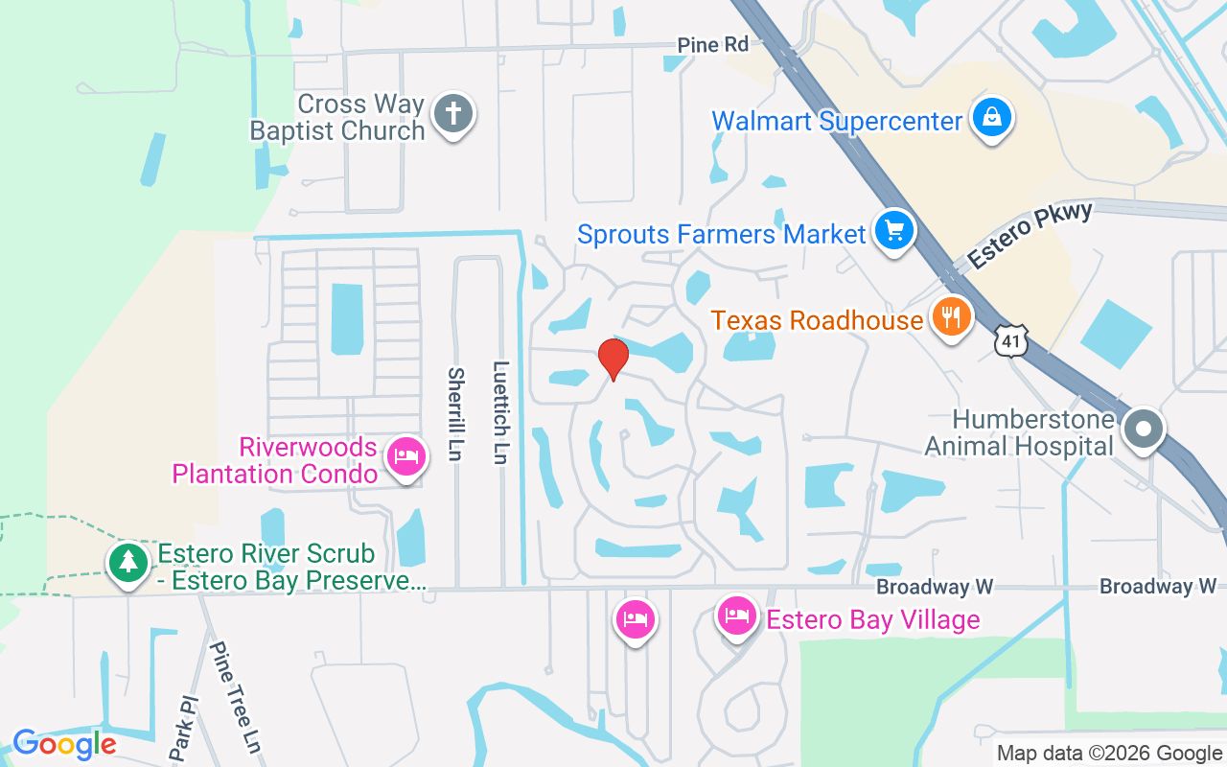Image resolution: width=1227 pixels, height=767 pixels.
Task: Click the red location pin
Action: pos(613,359)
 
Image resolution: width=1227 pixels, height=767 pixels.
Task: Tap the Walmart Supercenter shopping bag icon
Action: pos(992,118)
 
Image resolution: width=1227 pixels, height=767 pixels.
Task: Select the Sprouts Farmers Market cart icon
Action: pos(894,231)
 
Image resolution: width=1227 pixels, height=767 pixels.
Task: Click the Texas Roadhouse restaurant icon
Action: pos(951,317)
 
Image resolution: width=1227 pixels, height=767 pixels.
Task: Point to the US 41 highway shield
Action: pos(1010,340)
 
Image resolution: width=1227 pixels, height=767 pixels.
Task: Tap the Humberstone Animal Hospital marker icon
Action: pos(1143,429)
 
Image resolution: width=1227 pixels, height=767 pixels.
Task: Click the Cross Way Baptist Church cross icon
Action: pos(452,114)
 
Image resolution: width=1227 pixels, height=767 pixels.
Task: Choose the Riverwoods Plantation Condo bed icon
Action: pos(405,456)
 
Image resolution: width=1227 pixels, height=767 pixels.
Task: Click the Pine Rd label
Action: pos(712,44)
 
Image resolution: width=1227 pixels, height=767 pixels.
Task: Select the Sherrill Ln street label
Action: pos(455,414)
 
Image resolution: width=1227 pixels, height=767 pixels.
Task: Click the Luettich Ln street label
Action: pos(500,412)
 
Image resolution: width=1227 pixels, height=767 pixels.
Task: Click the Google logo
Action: pos(64,744)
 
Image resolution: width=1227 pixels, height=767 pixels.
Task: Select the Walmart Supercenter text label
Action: pos(837,122)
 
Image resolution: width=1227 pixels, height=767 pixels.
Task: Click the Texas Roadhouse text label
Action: pos(817,320)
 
